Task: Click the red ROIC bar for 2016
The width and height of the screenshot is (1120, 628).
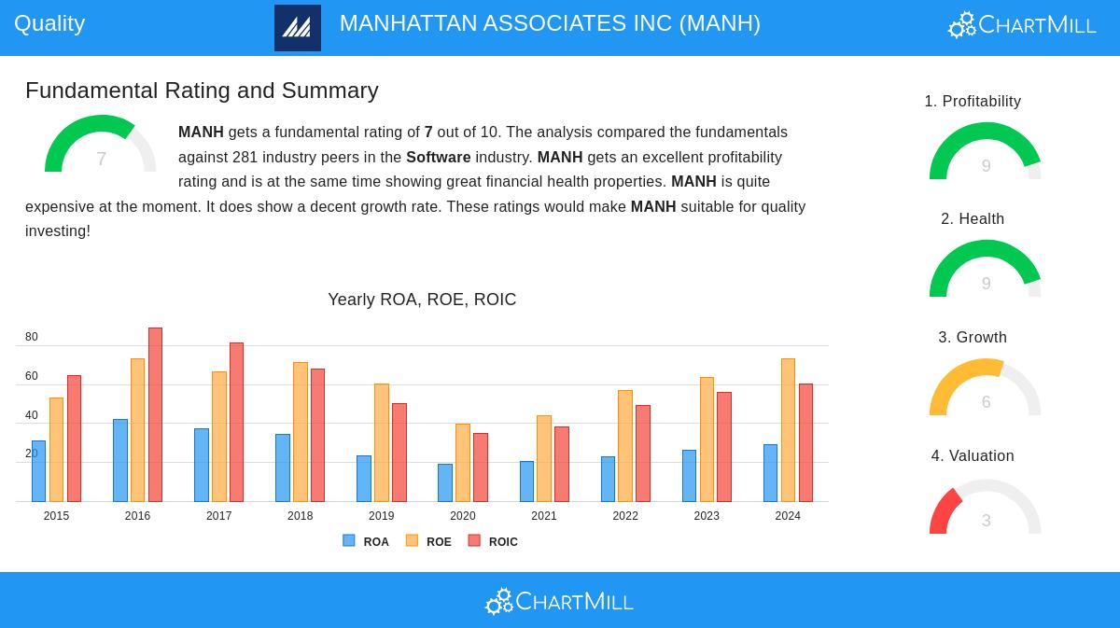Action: [155, 414]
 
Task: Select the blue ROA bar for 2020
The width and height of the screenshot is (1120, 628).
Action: [445, 482]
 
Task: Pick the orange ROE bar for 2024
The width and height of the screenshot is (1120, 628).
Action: [788, 430]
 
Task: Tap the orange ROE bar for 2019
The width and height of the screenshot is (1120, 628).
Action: [382, 442]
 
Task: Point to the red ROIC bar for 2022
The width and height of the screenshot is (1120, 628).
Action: [643, 454]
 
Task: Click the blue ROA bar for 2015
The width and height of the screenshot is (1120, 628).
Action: [38, 471]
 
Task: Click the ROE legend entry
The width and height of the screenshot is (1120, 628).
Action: [429, 541]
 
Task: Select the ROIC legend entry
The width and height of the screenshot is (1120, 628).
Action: [494, 541]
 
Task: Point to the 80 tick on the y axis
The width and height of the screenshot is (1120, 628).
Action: [32, 337]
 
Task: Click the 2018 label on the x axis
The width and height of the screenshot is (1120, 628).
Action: [301, 516]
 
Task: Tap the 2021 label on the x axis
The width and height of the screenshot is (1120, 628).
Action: [544, 516]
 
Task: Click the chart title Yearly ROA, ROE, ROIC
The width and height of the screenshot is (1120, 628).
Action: [422, 300]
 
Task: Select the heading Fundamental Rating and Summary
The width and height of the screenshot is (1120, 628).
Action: [202, 91]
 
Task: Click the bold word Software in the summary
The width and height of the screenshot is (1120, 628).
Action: [438, 157]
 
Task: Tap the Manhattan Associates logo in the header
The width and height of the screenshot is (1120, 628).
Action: [298, 28]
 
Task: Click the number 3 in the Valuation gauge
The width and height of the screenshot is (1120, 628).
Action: [986, 521]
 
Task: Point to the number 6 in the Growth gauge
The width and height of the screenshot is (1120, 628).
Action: [986, 402]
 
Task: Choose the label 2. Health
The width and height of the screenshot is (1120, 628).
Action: [973, 219]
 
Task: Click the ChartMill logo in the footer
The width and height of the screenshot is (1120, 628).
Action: [559, 601]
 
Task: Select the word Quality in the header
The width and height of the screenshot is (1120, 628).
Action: [49, 23]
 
